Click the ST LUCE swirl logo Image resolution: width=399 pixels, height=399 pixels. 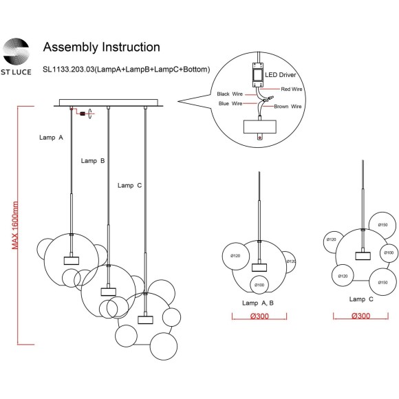(x=16, y=52)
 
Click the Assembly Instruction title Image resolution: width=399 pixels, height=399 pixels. (x=102, y=47)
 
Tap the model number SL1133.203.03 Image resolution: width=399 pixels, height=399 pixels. (x=69, y=69)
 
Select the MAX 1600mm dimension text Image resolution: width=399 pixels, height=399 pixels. (x=15, y=225)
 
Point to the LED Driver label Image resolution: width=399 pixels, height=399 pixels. (x=281, y=75)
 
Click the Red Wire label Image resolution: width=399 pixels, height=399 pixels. (x=292, y=89)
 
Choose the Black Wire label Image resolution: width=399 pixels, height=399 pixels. (x=230, y=94)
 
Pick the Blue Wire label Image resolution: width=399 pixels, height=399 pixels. (x=230, y=104)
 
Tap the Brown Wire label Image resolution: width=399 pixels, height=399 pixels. (x=288, y=107)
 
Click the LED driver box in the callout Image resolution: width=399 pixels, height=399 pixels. (x=257, y=75)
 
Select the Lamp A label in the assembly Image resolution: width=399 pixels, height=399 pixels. (x=51, y=138)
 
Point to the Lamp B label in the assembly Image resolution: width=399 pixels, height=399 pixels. (x=93, y=161)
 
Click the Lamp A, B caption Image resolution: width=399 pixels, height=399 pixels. (x=258, y=303)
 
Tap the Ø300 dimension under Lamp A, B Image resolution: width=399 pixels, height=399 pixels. (x=259, y=316)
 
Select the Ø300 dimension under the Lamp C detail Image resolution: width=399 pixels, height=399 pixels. (x=361, y=316)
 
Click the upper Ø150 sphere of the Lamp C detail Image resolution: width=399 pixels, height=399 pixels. (x=382, y=226)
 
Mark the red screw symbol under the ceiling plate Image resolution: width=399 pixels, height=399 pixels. (x=83, y=114)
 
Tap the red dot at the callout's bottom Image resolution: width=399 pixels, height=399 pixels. (x=260, y=138)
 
